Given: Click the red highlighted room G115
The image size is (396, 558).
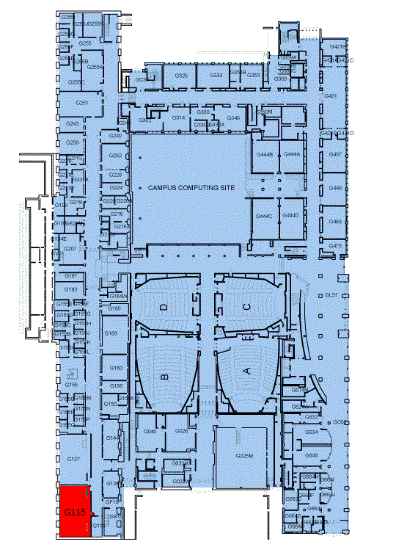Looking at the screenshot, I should pyautogui.click(x=74, y=512).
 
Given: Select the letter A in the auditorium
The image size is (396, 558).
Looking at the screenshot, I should pyautogui.click(x=246, y=372).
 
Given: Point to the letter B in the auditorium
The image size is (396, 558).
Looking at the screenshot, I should pyautogui.click(x=165, y=375).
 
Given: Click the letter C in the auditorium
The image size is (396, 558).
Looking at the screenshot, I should pyautogui.click(x=247, y=305).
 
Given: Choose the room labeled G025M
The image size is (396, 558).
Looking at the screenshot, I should pyautogui.click(x=244, y=456).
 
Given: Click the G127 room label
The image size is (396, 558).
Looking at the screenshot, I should pyautogui.click(x=73, y=459).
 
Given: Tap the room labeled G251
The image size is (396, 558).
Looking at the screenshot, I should pyautogui.click(x=82, y=103).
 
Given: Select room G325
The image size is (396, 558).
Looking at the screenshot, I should pyautogui.click(x=182, y=76).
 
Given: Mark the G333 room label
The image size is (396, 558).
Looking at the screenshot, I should pyautogui.click(x=216, y=76).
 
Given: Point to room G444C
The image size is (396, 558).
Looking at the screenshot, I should pyautogui.click(x=264, y=216).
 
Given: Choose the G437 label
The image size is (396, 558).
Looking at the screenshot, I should pyautogui.click(x=335, y=155).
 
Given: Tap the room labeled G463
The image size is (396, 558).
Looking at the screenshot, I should pyautogui.click(x=335, y=221).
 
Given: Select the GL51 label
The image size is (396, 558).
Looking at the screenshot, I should pyautogui.click(x=331, y=295).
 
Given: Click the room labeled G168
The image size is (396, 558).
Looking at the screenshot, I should pyautogui.click(x=111, y=333).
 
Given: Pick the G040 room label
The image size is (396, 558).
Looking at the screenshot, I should pyautogui.click(x=150, y=432).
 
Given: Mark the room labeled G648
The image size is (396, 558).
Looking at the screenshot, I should pyautogui.click(x=311, y=455).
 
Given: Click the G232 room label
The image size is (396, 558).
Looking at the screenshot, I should pyautogui.click(x=115, y=156).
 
